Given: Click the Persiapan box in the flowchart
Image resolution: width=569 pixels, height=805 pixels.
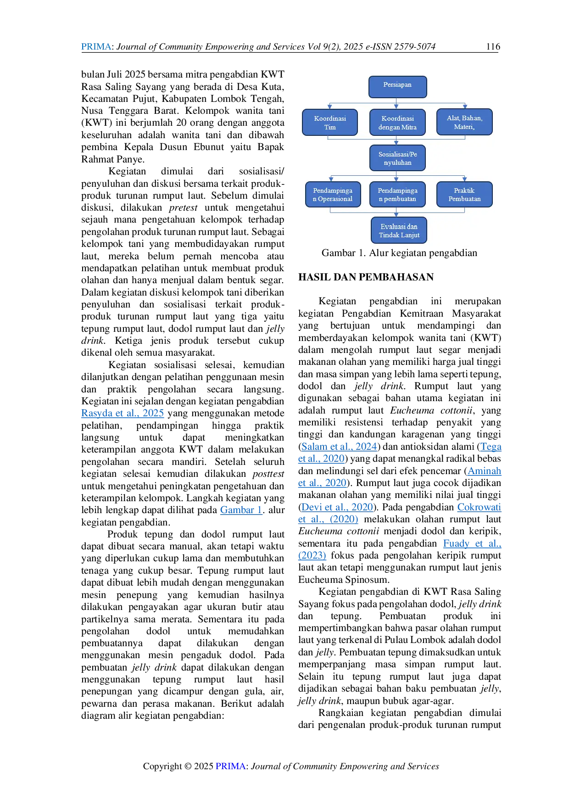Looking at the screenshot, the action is tap(397, 87).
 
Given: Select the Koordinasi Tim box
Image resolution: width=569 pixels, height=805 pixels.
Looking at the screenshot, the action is tap(330, 123).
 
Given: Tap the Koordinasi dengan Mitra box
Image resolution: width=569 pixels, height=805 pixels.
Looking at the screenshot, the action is tap(397, 123).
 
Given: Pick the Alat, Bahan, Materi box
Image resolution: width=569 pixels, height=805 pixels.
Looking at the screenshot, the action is tap(464, 122).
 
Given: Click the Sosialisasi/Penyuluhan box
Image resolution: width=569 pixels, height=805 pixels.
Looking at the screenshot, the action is tap(397, 158).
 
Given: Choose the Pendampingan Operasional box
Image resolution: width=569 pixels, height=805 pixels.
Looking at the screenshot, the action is tap(333, 195).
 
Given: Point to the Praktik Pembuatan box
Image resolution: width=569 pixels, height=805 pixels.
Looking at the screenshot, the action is tap(464, 195).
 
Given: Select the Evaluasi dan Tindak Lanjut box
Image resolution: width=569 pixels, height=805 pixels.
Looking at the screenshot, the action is tap(399, 230).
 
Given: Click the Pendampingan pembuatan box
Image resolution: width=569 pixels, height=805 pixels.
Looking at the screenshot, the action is tap(397, 195).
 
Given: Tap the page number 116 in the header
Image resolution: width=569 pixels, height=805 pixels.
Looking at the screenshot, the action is tap(493, 46).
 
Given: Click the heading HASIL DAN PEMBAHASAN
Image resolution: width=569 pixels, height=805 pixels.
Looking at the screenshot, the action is tap(366, 277).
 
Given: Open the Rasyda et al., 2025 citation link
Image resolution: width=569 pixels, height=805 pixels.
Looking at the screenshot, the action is tap(123, 413).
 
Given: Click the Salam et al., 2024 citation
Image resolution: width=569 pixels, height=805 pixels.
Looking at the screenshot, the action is tap(339, 447).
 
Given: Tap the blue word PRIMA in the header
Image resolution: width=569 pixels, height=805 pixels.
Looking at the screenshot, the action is tap(96, 46).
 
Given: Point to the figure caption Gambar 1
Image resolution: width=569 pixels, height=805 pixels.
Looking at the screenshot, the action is tap(399, 253).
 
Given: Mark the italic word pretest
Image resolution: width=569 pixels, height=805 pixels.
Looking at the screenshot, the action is tap(183, 208).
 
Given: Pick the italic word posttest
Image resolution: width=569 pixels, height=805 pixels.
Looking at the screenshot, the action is tap(268, 474).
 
